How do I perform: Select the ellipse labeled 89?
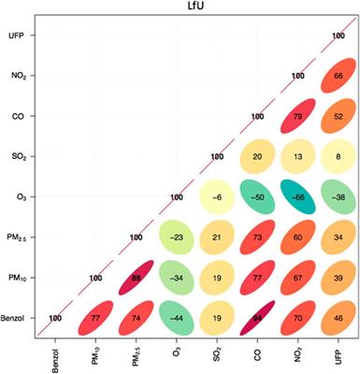(137, 278)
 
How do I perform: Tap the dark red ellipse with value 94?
(257, 318)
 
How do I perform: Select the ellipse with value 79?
(297, 117)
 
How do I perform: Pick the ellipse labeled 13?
(297, 157)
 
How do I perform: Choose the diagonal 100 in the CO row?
(257, 117)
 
